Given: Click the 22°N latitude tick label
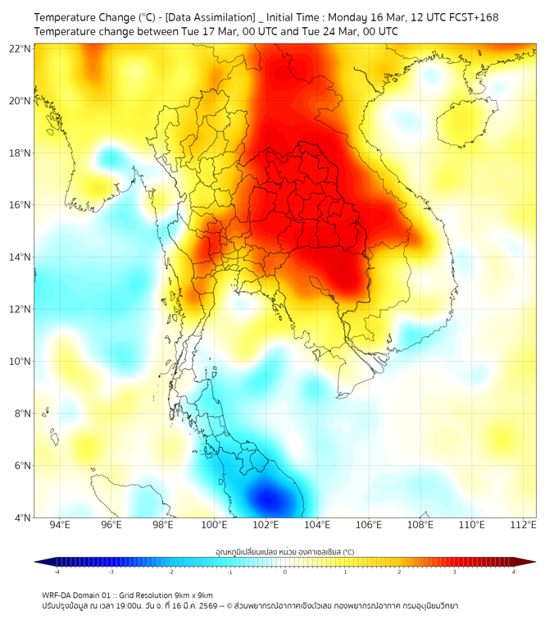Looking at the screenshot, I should click(20, 48).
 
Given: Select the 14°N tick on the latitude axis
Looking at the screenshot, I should click(20, 257).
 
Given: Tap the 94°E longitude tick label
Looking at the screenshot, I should click(60, 525).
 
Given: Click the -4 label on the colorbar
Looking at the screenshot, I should click(56, 572).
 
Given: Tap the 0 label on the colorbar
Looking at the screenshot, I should click(284, 572).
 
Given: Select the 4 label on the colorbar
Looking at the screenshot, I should click(513, 572).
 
